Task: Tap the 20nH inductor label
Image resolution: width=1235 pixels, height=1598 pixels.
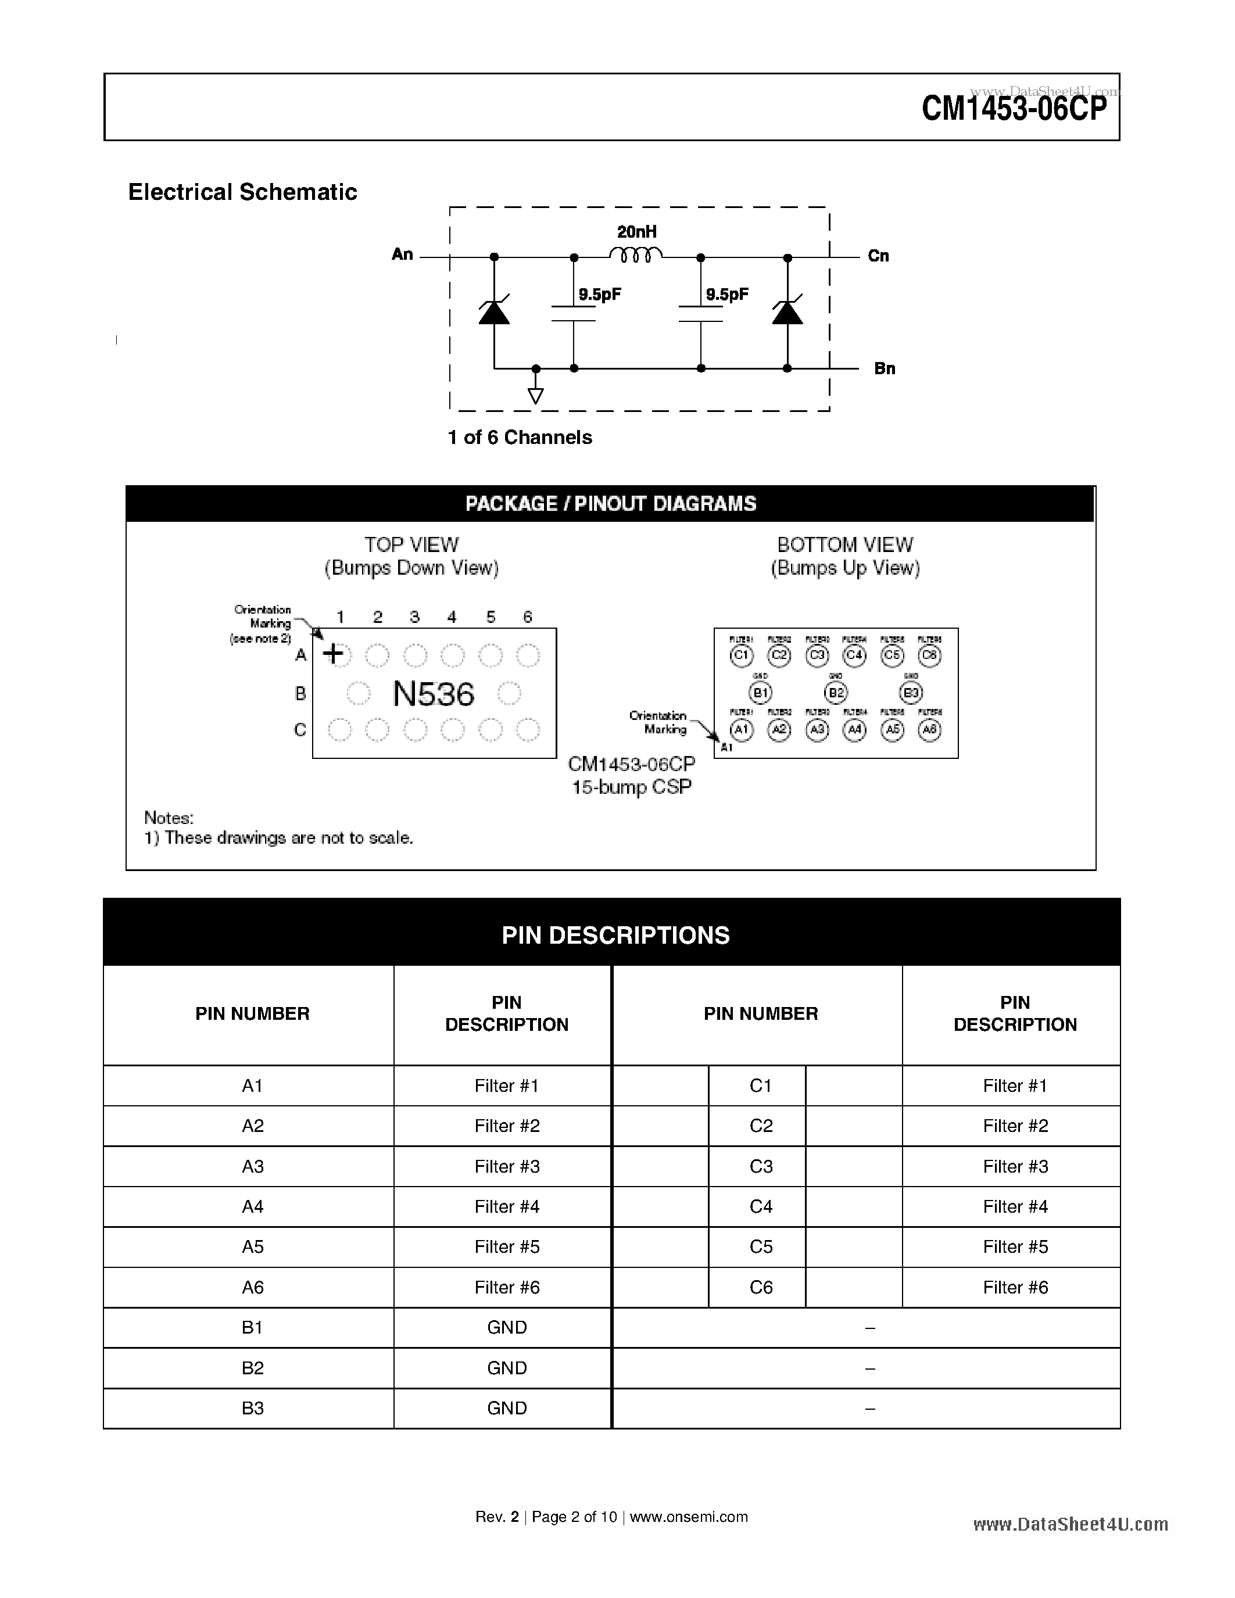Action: [x=636, y=232]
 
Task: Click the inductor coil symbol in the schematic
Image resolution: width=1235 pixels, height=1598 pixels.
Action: [x=636, y=255]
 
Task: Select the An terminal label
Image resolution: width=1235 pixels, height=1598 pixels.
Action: [x=402, y=255]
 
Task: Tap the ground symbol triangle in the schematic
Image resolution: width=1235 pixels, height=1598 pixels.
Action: [x=536, y=396]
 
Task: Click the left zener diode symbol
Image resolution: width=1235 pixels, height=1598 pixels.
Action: [x=494, y=313]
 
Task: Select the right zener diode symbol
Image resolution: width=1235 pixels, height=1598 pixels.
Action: [x=787, y=313]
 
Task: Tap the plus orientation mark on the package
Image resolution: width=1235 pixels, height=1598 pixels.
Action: [x=334, y=653]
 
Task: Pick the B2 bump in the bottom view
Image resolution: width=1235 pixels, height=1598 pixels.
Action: [x=836, y=692]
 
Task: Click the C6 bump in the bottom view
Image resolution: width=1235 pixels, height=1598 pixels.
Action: [x=929, y=655]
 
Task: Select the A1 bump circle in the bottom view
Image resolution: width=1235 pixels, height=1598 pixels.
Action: [x=741, y=729]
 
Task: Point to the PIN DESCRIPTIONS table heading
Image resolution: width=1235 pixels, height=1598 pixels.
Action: [x=615, y=935]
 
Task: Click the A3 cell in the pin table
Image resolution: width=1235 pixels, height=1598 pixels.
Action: [x=252, y=1166]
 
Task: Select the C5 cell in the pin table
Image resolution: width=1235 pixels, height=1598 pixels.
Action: [x=761, y=1247]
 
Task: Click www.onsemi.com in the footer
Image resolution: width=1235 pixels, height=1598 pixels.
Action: [x=689, y=1517]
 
